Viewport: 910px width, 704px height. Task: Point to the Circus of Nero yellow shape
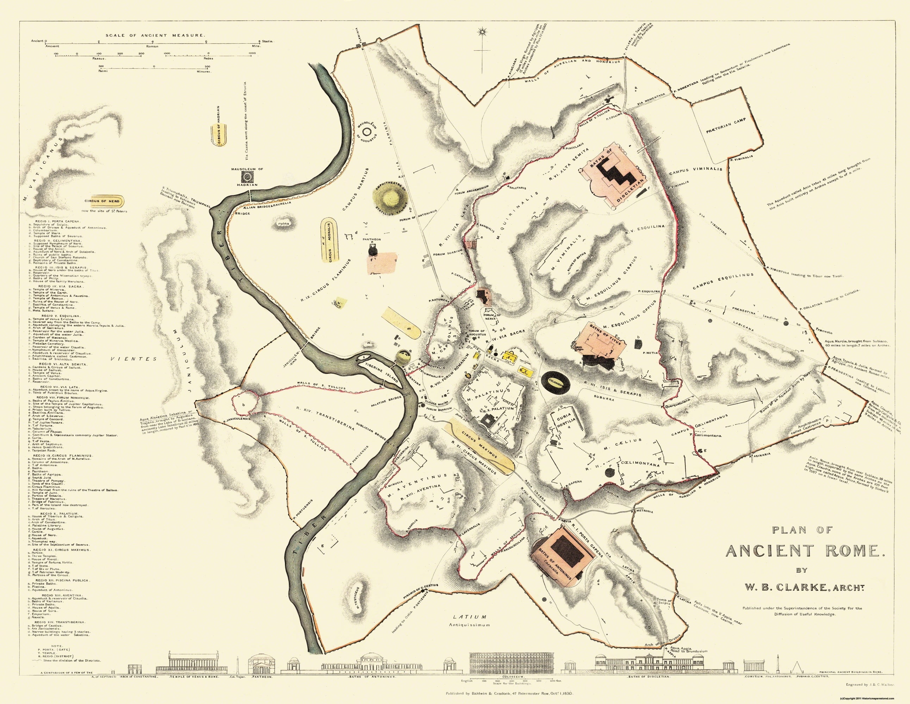point(102,201)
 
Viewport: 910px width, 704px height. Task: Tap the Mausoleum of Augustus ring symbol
point(368,132)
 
